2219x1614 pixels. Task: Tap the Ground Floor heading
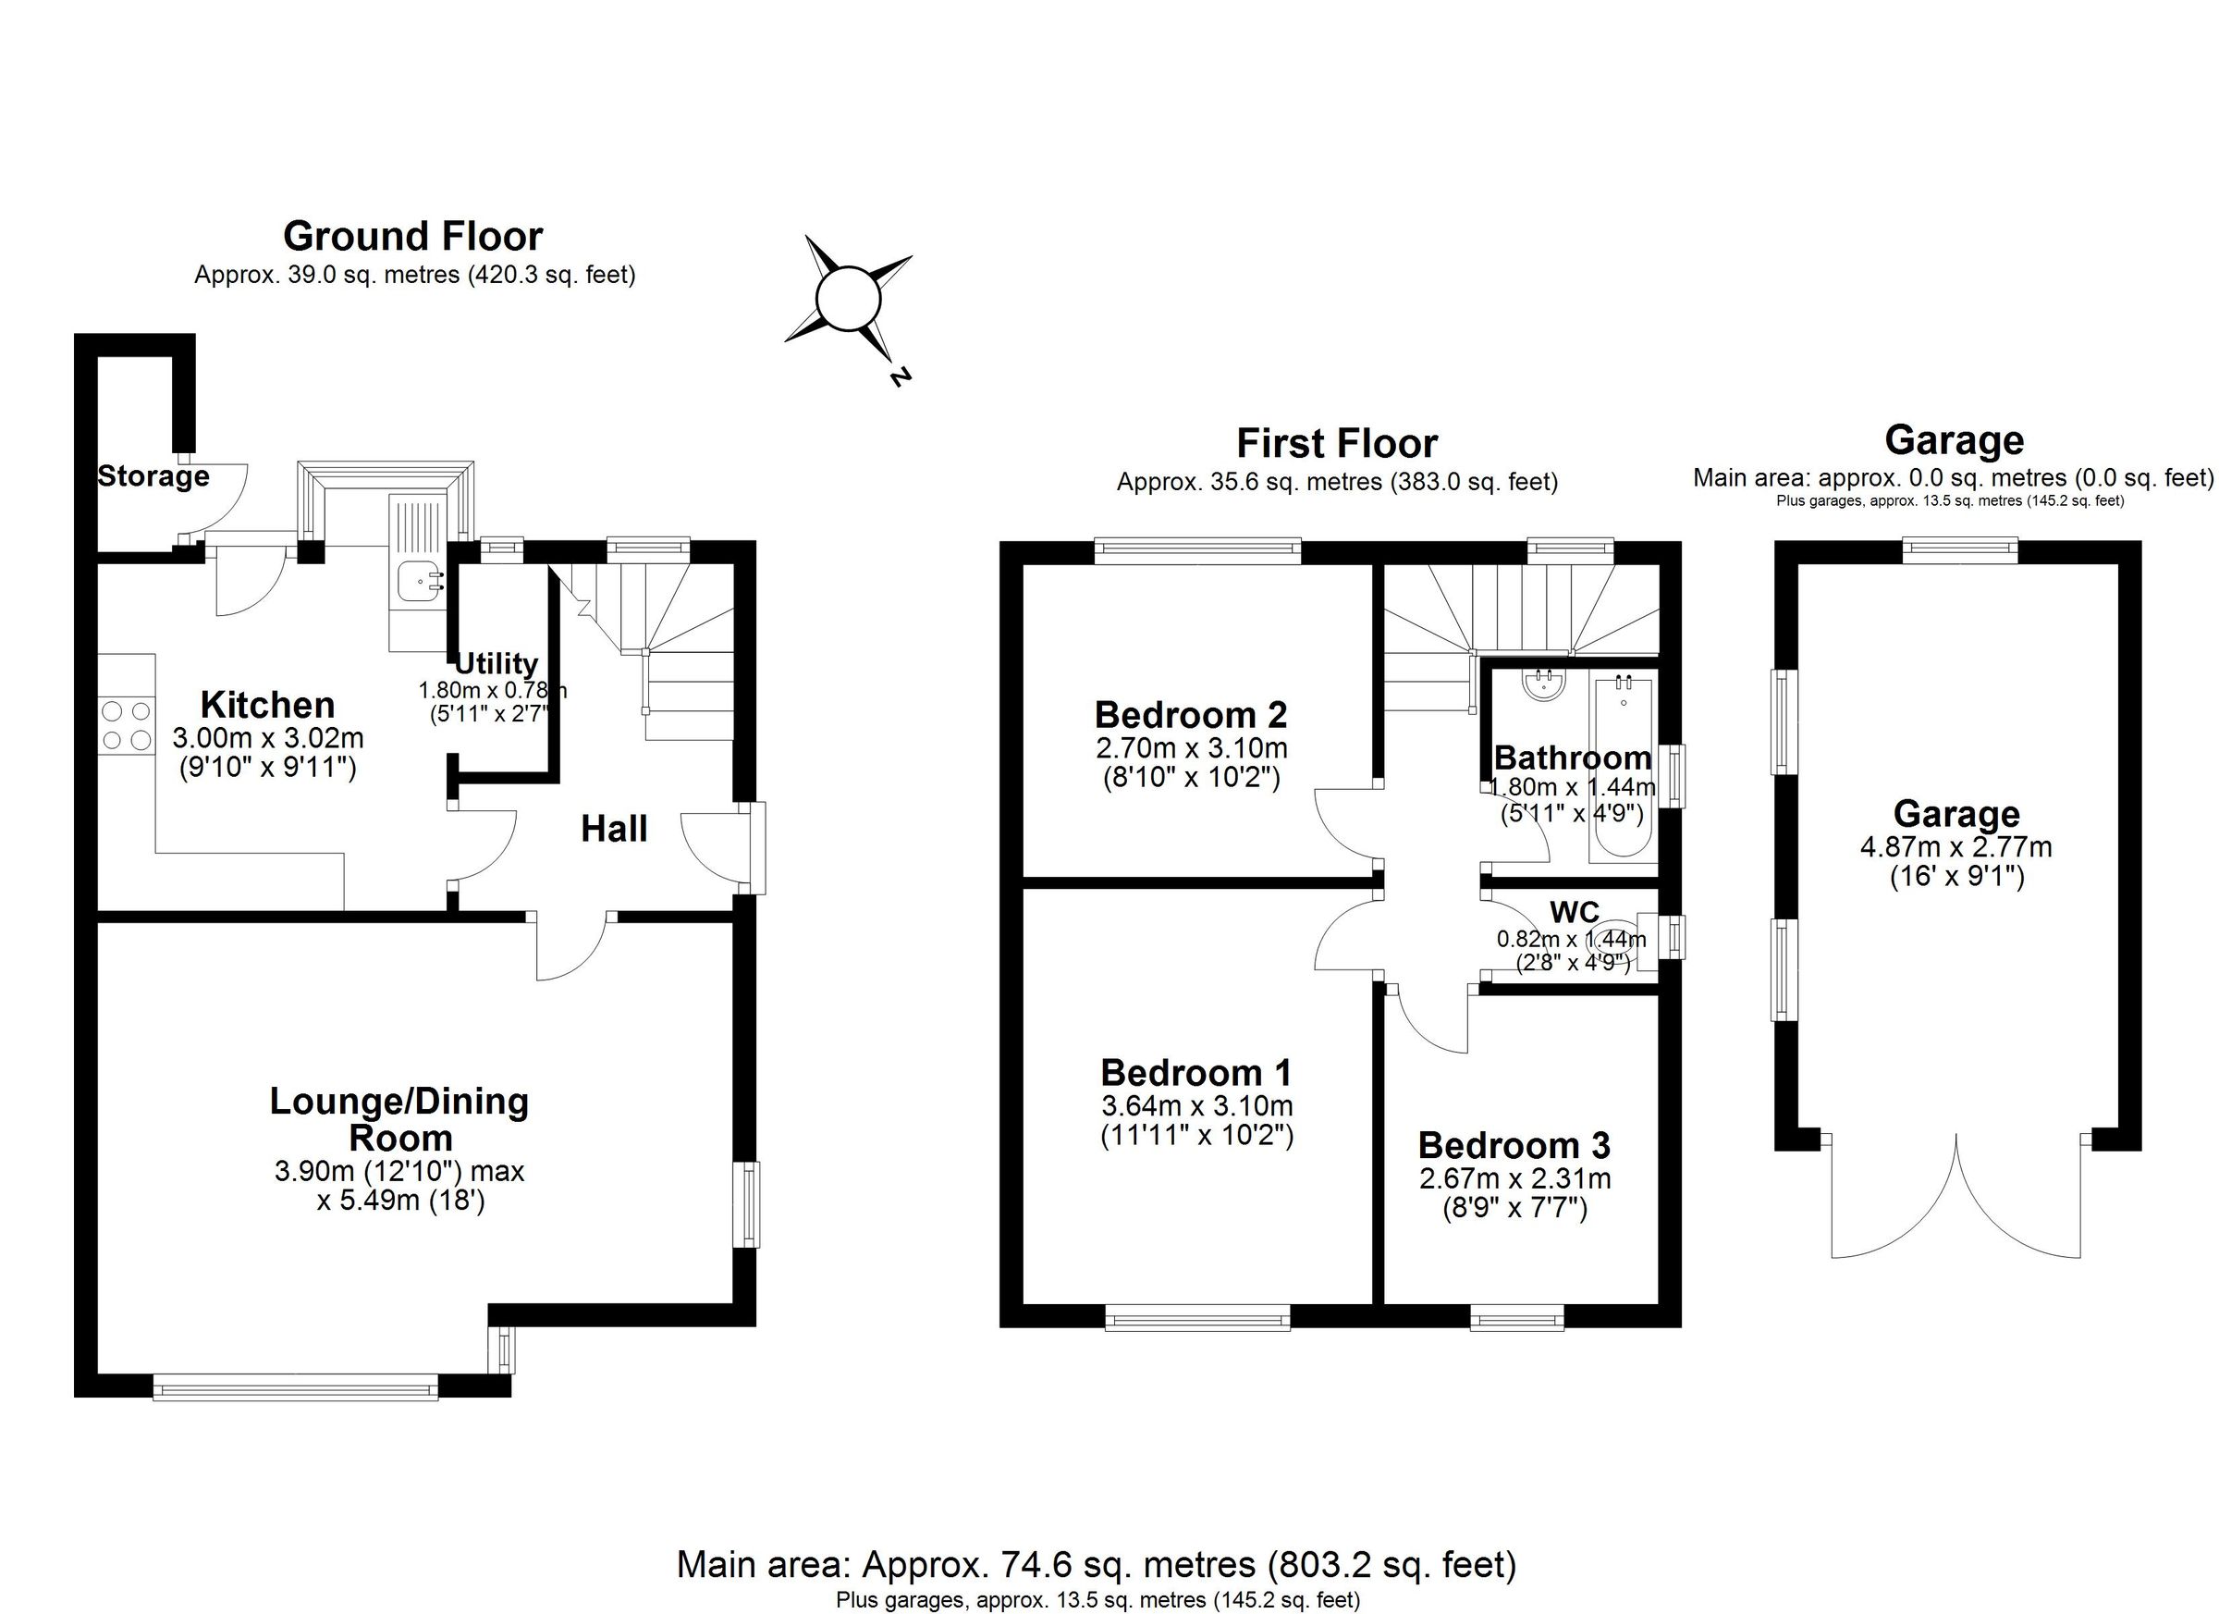point(412,236)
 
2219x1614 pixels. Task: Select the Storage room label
point(153,476)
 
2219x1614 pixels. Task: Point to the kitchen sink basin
point(418,582)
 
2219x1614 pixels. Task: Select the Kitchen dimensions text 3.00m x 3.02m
point(267,737)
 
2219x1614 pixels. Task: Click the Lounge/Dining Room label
point(399,1119)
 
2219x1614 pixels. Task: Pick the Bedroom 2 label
point(1191,714)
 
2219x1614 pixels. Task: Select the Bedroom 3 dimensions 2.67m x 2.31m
point(1514,1179)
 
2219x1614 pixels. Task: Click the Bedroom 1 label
point(1195,1073)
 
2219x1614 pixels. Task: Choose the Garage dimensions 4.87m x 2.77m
point(1955,846)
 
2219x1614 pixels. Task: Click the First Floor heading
point(1337,443)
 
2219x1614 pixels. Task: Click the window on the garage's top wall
point(1960,551)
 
